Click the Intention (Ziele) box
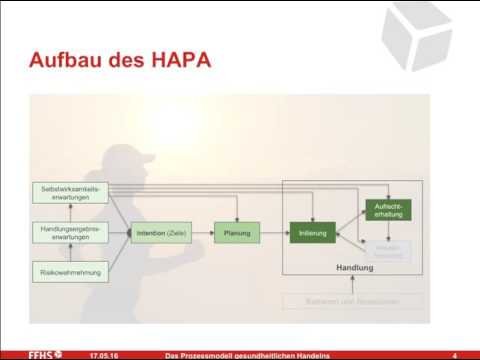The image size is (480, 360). coord(160,234)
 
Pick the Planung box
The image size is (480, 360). coord(237,234)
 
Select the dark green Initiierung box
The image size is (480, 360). coord(312,234)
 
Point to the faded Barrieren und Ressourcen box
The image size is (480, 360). coord(352,300)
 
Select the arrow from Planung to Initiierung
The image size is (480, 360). coord(274,234)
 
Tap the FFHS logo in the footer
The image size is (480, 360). coord(45,354)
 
